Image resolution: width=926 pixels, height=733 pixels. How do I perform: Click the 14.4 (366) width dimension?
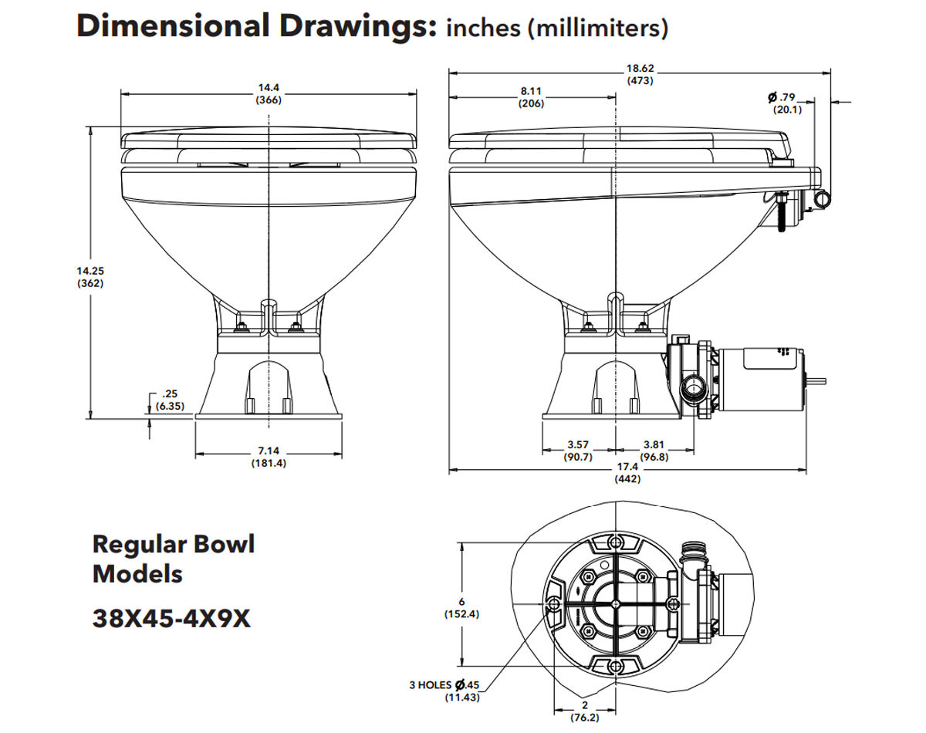click(268, 94)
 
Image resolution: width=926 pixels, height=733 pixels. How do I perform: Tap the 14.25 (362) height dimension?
click(91, 276)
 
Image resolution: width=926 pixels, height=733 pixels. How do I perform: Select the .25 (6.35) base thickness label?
click(169, 400)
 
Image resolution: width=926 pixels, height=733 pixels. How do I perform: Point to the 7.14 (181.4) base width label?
click(268, 457)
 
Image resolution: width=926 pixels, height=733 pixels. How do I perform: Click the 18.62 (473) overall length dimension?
click(640, 73)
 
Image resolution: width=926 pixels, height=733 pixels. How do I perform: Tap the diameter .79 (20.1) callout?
click(786, 103)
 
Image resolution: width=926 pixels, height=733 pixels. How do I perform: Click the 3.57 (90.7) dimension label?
click(578, 451)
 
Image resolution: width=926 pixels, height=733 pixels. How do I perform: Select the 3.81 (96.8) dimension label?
click(654, 451)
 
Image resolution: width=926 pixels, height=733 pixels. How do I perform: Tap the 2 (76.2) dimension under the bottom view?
click(584, 711)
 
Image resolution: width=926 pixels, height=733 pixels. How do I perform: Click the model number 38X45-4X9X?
click(171, 618)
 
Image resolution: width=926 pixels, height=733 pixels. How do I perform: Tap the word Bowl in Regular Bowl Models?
click(221, 545)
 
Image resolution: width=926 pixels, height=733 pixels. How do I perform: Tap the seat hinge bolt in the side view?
click(782, 210)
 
